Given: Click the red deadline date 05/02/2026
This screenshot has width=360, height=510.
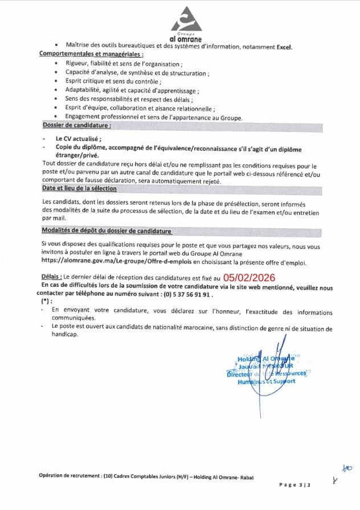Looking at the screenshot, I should click(x=249, y=277).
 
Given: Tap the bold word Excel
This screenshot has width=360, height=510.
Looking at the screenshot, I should click(x=284, y=47).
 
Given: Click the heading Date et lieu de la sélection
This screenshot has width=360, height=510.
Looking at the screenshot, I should click(x=79, y=188).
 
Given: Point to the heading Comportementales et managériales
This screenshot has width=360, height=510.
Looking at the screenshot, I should click(x=91, y=54).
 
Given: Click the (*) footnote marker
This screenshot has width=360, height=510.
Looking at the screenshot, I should click(x=46, y=301).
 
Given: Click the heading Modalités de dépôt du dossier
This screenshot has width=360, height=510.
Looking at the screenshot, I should click(x=107, y=231).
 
